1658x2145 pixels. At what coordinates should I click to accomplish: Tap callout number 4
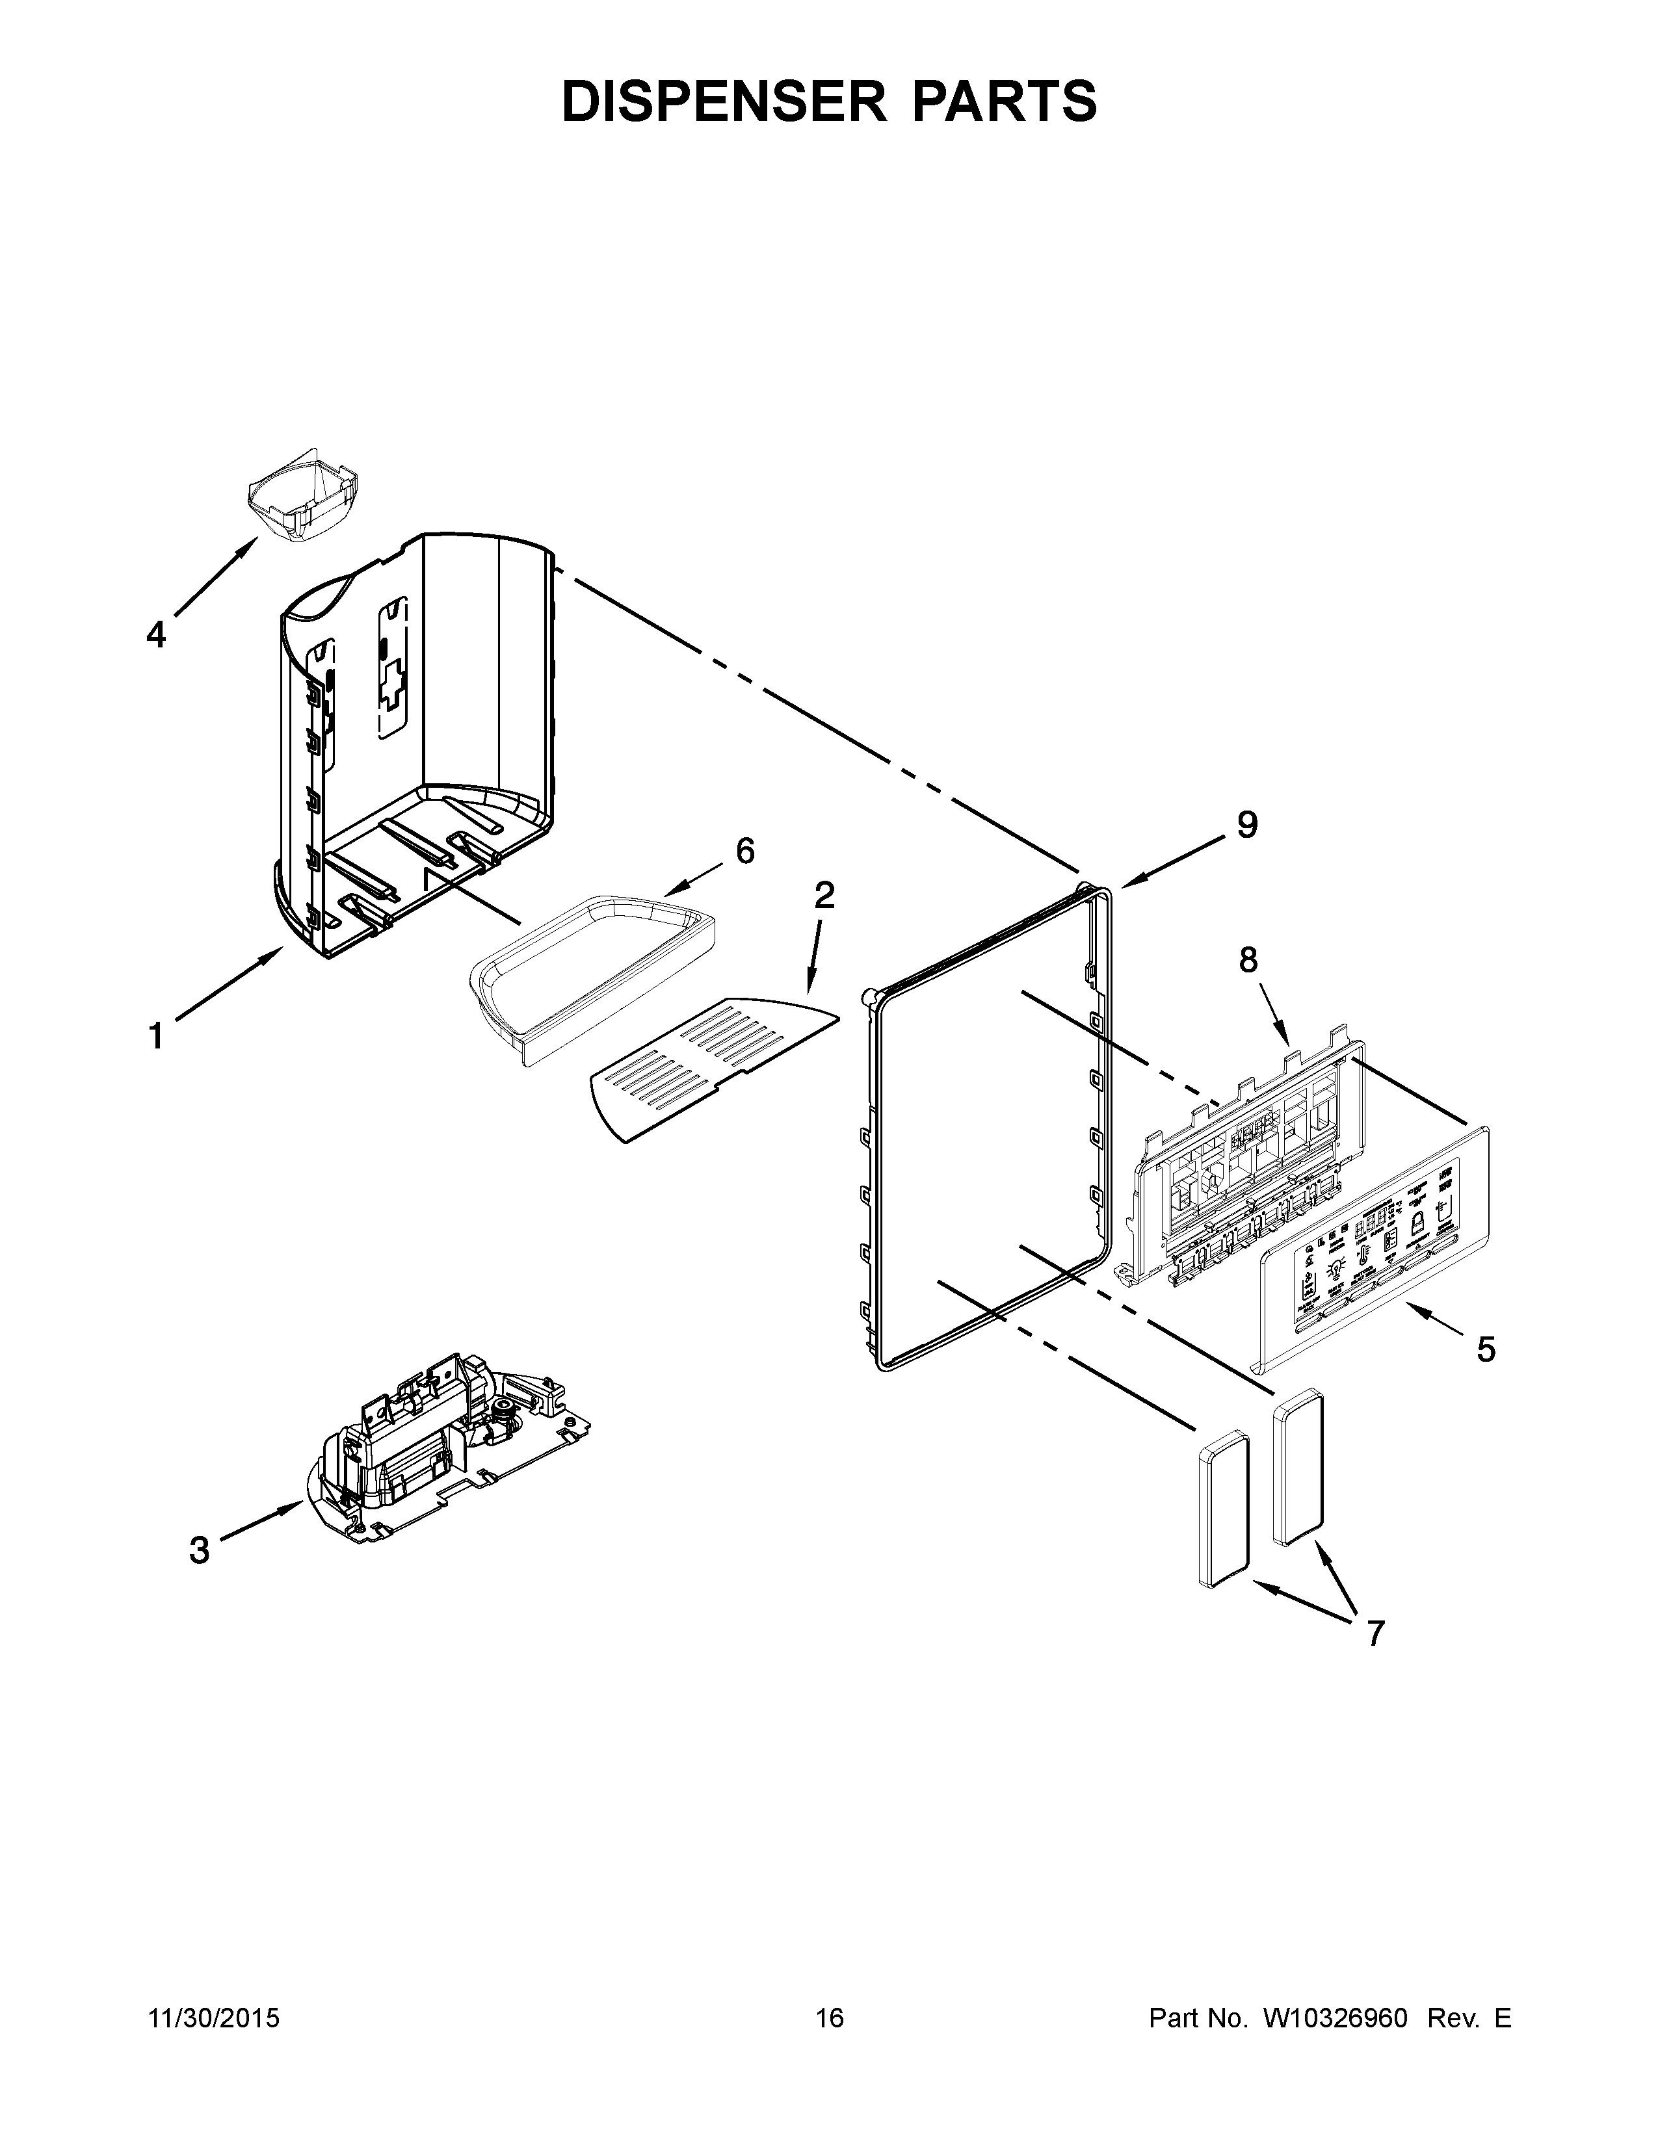click(156, 634)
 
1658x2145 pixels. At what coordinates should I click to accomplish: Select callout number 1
click(156, 1036)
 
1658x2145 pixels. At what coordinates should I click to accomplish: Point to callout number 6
click(746, 851)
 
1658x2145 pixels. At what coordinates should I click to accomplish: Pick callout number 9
click(1246, 825)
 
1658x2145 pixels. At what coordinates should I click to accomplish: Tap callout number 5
click(1486, 1349)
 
